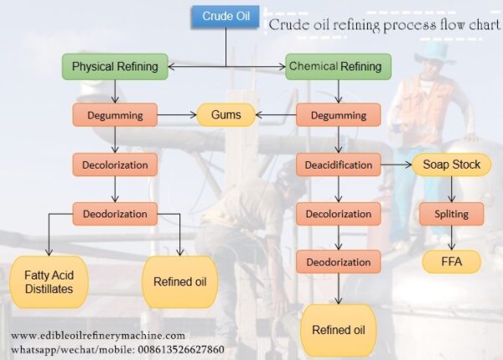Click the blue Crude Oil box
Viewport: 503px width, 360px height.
tap(225, 16)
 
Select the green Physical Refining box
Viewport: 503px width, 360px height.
tap(115, 66)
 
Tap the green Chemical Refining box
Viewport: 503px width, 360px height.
tap(334, 66)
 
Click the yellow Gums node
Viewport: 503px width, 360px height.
tap(226, 114)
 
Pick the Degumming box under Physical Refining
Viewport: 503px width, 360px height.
tap(115, 114)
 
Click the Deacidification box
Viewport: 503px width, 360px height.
tap(338, 164)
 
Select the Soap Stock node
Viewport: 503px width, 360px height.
tap(452, 164)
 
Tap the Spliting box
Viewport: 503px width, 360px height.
tap(451, 214)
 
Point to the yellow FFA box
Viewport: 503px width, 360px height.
tap(451, 262)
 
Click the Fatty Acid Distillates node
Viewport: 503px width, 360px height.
tap(47, 282)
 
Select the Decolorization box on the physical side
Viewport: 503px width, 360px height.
tap(115, 164)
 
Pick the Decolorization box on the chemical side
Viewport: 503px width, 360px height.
tap(338, 213)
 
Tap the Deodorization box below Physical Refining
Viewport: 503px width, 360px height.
tap(115, 214)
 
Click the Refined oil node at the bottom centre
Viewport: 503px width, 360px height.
tap(338, 329)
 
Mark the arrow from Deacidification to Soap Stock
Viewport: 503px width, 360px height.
tap(395, 164)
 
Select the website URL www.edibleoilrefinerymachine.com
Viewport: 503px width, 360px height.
tap(98, 336)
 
